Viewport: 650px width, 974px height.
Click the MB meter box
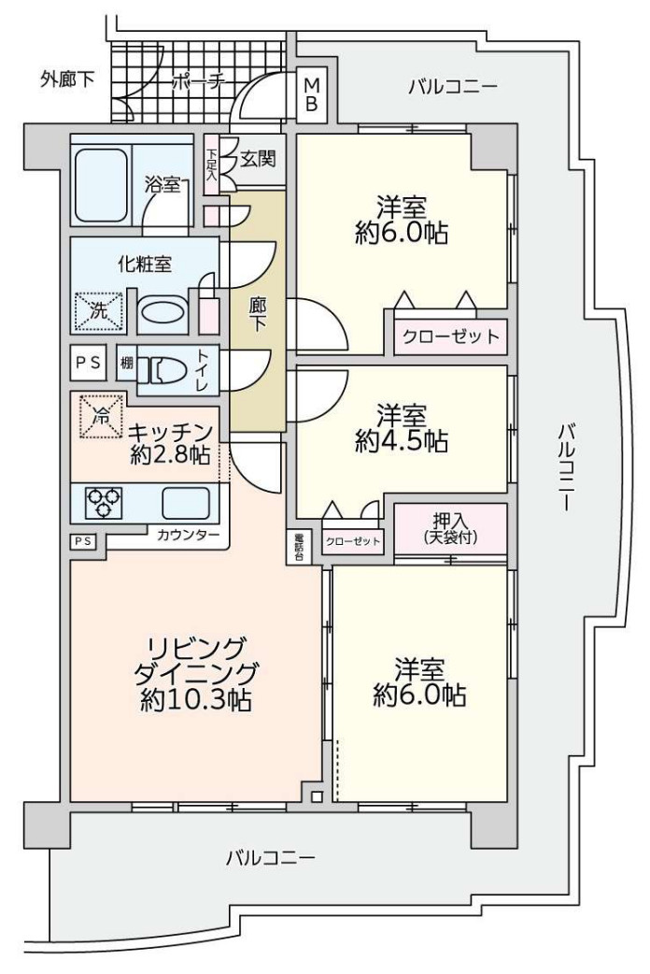click(311, 94)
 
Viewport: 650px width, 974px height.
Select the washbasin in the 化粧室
click(162, 312)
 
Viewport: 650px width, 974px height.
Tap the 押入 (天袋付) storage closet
click(450, 528)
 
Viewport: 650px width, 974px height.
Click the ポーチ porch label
click(198, 83)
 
